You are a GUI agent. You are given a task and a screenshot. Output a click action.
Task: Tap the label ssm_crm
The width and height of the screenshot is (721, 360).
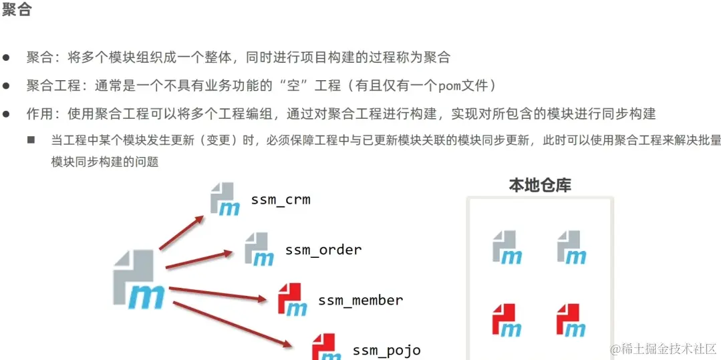click(x=281, y=199)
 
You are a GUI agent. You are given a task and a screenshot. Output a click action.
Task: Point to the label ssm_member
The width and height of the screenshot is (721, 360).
click(x=361, y=301)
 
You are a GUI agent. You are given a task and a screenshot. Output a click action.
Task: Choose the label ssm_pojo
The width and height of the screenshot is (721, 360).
click(x=387, y=350)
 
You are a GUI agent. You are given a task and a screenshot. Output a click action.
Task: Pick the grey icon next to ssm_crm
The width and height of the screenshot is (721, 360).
click(x=225, y=199)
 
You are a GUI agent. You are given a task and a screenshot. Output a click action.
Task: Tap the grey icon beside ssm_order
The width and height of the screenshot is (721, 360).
click(x=259, y=249)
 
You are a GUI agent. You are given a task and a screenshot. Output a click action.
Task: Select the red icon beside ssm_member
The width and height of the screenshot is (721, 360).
click(x=292, y=299)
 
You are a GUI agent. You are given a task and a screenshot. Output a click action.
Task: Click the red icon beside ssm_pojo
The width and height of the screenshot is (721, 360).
click(x=326, y=347)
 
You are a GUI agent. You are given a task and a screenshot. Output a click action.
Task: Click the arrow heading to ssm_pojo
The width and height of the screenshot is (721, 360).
click(x=231, y=323)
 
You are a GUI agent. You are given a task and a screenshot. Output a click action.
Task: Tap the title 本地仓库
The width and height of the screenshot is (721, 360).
click(x=540, y=185)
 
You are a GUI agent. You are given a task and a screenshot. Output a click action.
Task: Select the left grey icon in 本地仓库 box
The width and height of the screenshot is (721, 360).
click(x=507, y=247)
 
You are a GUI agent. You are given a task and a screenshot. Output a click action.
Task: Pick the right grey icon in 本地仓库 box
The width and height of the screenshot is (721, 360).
click(x=571, y=247)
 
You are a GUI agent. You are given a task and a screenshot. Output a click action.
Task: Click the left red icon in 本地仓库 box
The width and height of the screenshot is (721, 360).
click(x=507, y=320)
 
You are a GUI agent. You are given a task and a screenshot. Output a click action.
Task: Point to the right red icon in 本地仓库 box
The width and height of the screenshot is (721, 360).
click(x=571, y=320)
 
